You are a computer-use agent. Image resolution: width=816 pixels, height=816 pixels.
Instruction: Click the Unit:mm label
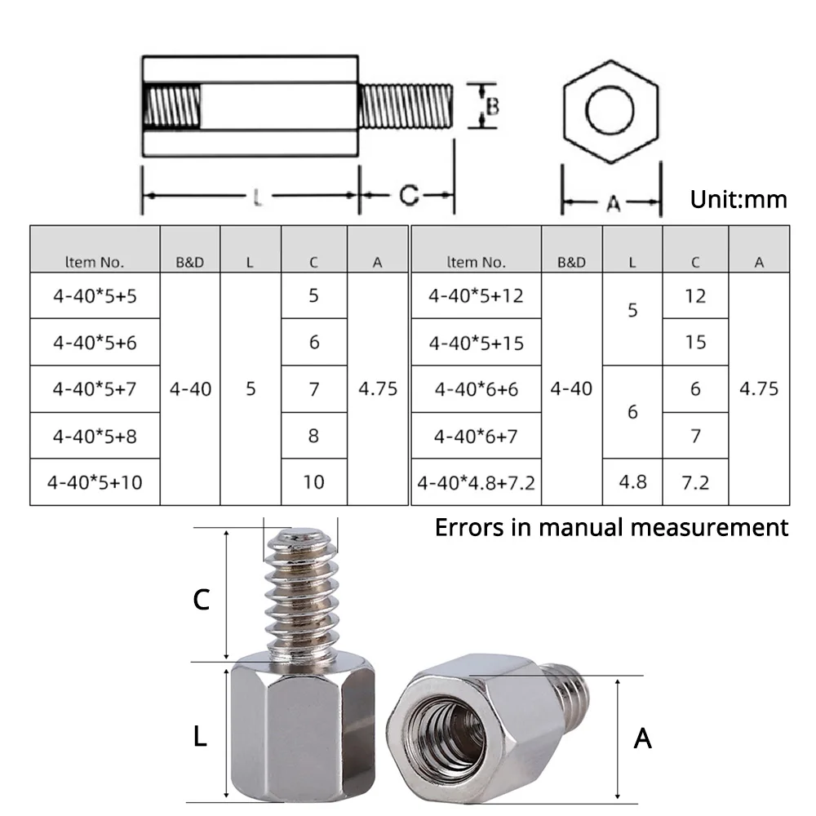click(738, 199)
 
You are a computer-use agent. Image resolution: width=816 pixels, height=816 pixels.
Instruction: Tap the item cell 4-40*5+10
click(95, 482)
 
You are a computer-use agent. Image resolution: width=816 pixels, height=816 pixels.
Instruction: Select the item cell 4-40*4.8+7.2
click(477, 483)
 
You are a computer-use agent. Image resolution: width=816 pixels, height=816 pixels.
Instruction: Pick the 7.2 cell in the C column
click(695, 483)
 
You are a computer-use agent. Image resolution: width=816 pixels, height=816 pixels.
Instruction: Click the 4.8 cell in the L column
click(632, 482)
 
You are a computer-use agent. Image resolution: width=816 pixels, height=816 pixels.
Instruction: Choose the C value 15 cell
click(695, 342)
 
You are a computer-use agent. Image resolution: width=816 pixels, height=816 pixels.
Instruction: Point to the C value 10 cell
click(314, 482)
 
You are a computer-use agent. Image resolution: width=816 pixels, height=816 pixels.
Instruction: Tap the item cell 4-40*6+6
click(477, 389)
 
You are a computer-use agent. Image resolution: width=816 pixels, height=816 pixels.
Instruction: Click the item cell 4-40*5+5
click(95, 296)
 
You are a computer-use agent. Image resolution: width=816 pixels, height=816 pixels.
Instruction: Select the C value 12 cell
click(695, 296)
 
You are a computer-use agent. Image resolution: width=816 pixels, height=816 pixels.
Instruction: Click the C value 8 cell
click(313, 436)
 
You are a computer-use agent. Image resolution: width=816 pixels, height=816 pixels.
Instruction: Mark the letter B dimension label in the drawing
click(492, 107)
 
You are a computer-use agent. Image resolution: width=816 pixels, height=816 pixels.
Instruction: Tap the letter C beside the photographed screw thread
click(201, 600)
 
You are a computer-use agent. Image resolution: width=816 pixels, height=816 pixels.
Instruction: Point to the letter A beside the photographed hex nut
click(643, 738)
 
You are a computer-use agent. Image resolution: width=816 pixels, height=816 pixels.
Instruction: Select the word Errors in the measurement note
click(469, 527)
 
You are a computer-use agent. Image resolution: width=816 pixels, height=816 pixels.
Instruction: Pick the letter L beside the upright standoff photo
click(200, 736)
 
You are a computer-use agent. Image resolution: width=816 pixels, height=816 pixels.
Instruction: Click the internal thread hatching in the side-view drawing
click(172, 107)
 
